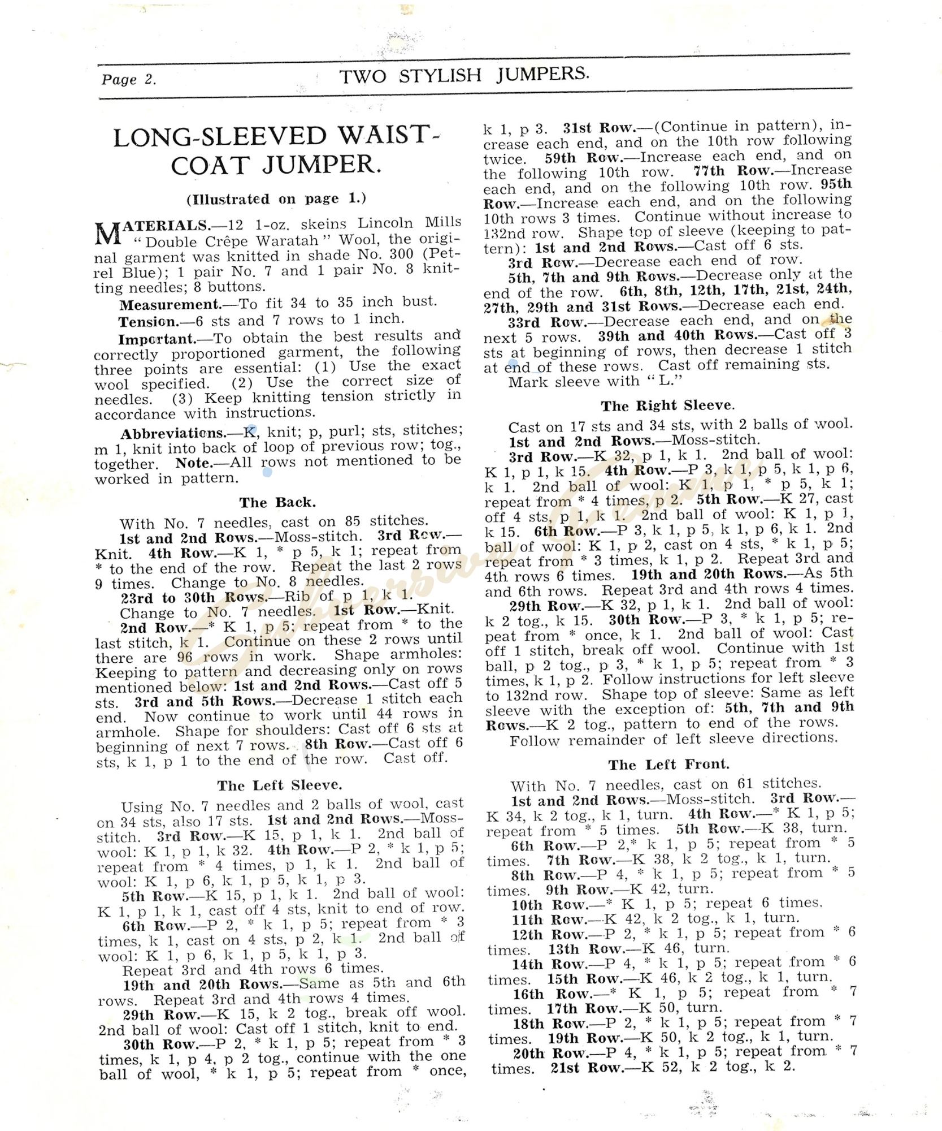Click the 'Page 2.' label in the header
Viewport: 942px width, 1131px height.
click(x=128, y=79)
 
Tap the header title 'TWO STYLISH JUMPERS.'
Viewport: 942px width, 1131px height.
click(x=464, y=75)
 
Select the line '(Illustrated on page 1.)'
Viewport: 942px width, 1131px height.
click(x=276, y=199)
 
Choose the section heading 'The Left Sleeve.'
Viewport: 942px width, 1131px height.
click(x=279, y=785)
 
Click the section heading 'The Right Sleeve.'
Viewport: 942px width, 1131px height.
click(x=668, y=405)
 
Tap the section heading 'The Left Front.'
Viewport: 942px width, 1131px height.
click(x=668, y=765)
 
